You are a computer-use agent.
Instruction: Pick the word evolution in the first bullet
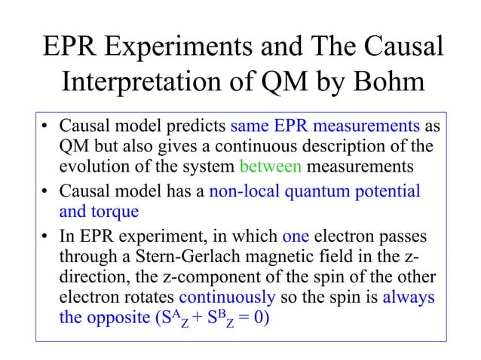(x=91, y=166)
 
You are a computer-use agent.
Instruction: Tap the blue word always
(x=408, y=297)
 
